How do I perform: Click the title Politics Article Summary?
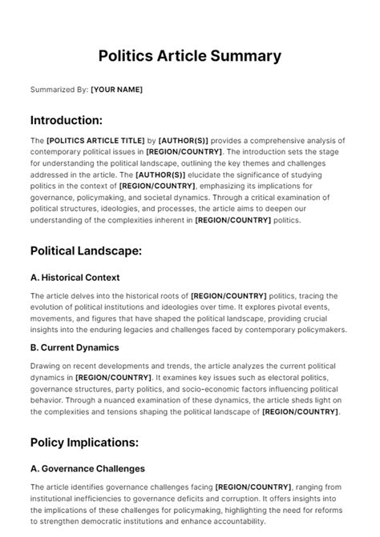pyautogui.click(x=190, y=56)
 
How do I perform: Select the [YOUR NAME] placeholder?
pyautogui.click(x=116, y=90)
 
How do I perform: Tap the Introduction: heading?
pyautogui.click(x=66, y=120)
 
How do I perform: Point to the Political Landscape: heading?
pyautogui.click(x=86, y=250)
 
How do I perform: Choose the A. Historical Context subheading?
pyautogui.click(x=75, y=278)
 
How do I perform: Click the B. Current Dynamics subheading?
pyautogui.click(x=74, y=347)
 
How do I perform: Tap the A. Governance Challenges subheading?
pyautogui.click(x=87, y=468)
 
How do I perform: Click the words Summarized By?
pyautogui.click(x=59, y=90)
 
